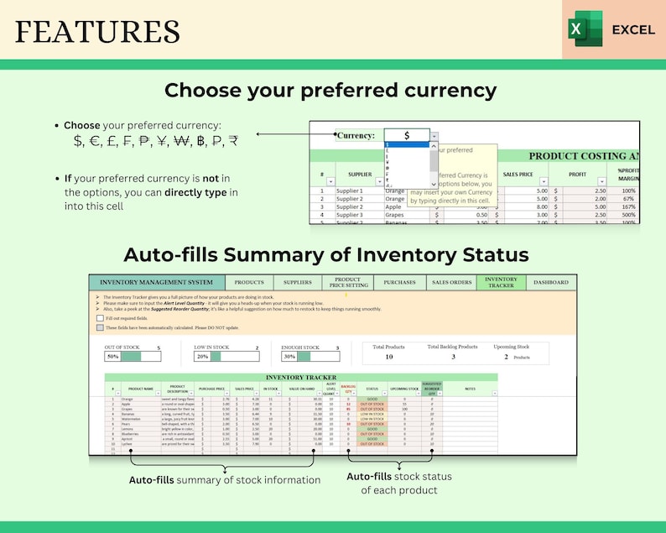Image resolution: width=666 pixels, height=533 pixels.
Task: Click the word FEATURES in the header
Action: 97,31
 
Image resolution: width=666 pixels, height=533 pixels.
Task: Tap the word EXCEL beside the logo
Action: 633,29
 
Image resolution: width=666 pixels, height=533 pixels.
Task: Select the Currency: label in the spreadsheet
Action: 356,135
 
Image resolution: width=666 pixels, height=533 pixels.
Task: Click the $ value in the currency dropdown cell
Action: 406,135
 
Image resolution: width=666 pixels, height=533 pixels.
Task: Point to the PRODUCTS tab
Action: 249,283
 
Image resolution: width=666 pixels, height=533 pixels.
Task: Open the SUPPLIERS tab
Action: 298,283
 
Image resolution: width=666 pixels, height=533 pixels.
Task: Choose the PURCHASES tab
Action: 399,283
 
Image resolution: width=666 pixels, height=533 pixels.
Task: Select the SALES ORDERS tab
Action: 451,283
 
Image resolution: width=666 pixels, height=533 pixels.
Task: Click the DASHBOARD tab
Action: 551,283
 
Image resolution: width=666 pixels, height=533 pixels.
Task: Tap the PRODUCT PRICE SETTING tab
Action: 347,283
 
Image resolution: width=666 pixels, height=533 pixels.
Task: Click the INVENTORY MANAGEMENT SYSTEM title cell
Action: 157,283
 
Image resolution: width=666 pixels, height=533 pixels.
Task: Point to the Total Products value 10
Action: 388,357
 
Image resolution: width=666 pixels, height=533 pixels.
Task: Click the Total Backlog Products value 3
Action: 454,357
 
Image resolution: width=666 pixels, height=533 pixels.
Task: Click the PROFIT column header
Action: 577,175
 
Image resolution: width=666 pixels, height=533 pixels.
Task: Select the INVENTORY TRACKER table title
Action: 299,378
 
